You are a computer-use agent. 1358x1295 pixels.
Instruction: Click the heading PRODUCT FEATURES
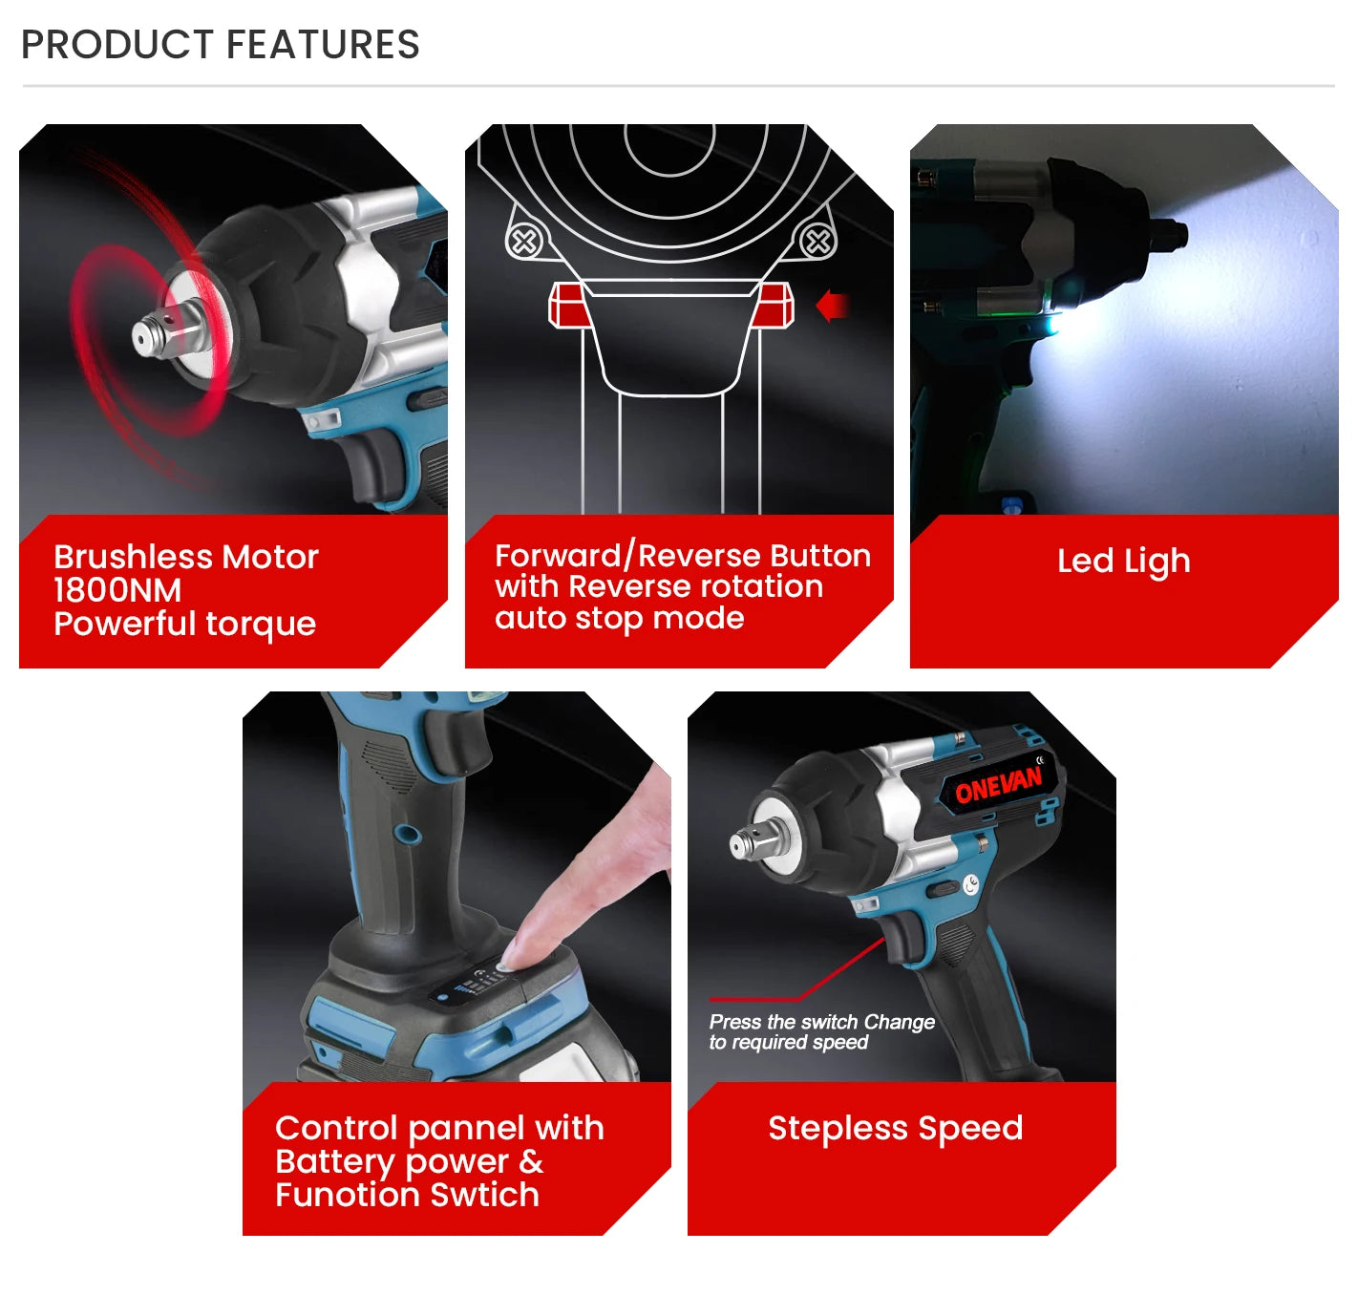pos(221,45)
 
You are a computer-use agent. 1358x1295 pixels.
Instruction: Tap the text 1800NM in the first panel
pos(117,590)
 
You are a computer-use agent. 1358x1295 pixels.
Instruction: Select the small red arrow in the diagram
pos(833,307)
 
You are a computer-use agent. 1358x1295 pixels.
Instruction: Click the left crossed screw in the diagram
pos(524,242)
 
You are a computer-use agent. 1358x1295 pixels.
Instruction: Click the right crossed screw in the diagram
pos(817,242)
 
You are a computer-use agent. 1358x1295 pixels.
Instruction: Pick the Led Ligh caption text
pos(1123,561)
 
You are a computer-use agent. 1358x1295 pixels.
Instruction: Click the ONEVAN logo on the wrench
pos(999,787)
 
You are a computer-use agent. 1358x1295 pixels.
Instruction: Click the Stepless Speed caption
pos(895,1128)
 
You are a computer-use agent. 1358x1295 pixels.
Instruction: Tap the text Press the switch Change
pos(821,1022)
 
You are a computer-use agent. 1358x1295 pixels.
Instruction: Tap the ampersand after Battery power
pos(531,1161)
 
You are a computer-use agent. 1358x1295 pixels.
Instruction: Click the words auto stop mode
pos(619,618)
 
